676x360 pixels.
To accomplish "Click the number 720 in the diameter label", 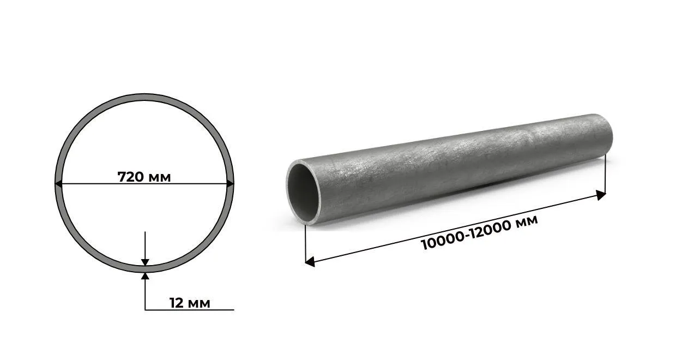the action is tap(131, 177).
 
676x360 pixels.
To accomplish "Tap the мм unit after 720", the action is tap(160, 178).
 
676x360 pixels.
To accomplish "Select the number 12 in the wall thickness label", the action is tap(177, 303).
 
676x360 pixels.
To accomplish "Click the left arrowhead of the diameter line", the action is tap(58, 183).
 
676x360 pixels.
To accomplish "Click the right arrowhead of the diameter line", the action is tap(230, 183).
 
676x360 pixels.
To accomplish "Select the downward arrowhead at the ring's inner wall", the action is tap(145, 262).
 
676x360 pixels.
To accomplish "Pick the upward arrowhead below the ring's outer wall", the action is tap(145, 276).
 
